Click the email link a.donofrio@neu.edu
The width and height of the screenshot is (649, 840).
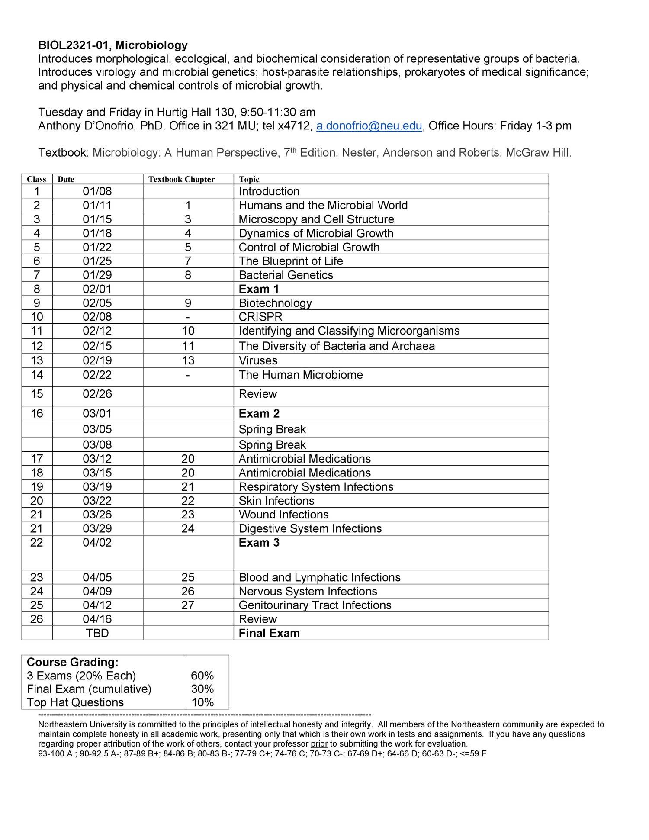pos(369,126)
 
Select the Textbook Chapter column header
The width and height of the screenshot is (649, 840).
pos(181,180)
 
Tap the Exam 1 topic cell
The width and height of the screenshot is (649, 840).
pos(259,289)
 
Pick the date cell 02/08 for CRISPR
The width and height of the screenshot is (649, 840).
pos(97,317)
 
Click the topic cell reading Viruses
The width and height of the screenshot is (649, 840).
pos(258,360)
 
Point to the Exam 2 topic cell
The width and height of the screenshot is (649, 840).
pos(259,414)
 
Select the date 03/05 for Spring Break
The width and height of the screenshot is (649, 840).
pos(97,429)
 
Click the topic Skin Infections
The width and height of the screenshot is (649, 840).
pos(276,501)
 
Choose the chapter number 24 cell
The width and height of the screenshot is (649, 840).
pos(188,528)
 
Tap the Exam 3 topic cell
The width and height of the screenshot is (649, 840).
pos(259,543)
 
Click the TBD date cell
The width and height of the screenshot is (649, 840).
pos(97,633)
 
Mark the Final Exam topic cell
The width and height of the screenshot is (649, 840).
pos(269,633)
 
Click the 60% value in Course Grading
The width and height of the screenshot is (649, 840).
pos(202,676)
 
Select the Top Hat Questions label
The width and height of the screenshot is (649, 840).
pos(75,702)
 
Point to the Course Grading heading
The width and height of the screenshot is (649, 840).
pos(73,663)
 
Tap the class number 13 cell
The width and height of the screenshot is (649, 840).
pos(37,360)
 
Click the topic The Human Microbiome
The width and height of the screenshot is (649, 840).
pos(301,375)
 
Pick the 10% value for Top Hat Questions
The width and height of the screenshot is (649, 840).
pos(202,702)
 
